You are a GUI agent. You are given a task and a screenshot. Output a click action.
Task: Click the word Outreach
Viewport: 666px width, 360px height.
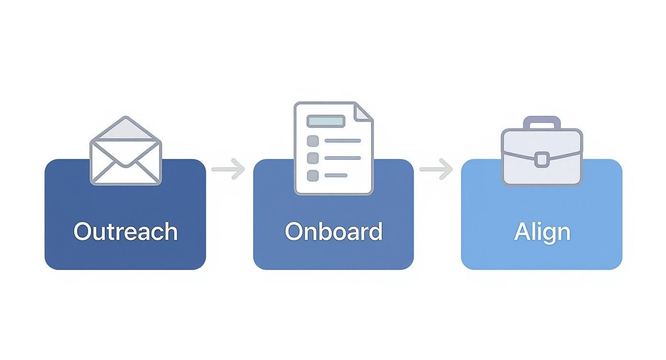click(125, 231)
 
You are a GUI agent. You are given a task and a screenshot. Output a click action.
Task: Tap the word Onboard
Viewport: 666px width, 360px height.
click(333, 231)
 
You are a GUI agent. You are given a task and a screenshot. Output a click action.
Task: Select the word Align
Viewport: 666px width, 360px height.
click(542, 233)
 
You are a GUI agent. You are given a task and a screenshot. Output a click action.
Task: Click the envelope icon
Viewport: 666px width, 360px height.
click(126, 150)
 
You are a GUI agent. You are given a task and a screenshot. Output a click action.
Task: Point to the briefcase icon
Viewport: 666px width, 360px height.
click(542, 151)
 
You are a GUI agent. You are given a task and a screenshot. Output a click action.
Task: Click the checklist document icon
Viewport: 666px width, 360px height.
click(333, 148)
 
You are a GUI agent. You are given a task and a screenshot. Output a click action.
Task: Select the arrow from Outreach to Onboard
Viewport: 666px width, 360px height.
click(228, 169)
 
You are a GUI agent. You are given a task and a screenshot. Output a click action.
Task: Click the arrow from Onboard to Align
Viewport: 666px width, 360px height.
click(436, 169)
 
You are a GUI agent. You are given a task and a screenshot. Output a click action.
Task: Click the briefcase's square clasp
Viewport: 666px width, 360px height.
click(542, 159)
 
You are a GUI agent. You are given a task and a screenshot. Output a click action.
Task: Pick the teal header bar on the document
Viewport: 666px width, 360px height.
click(326, 121)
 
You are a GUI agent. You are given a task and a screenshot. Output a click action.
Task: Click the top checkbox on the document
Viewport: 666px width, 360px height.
click(313, 141)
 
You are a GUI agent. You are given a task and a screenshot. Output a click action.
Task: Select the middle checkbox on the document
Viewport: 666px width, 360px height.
click(313, 158)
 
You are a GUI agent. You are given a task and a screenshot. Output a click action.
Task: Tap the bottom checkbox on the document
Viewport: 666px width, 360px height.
click(313, 176)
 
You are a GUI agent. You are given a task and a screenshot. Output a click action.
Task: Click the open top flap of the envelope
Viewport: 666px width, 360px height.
click(126, 128)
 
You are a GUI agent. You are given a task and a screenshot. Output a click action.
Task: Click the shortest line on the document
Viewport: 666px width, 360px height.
click(336, 176)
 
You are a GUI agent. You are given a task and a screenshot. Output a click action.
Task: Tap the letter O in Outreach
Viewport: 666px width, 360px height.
click(82, 232)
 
